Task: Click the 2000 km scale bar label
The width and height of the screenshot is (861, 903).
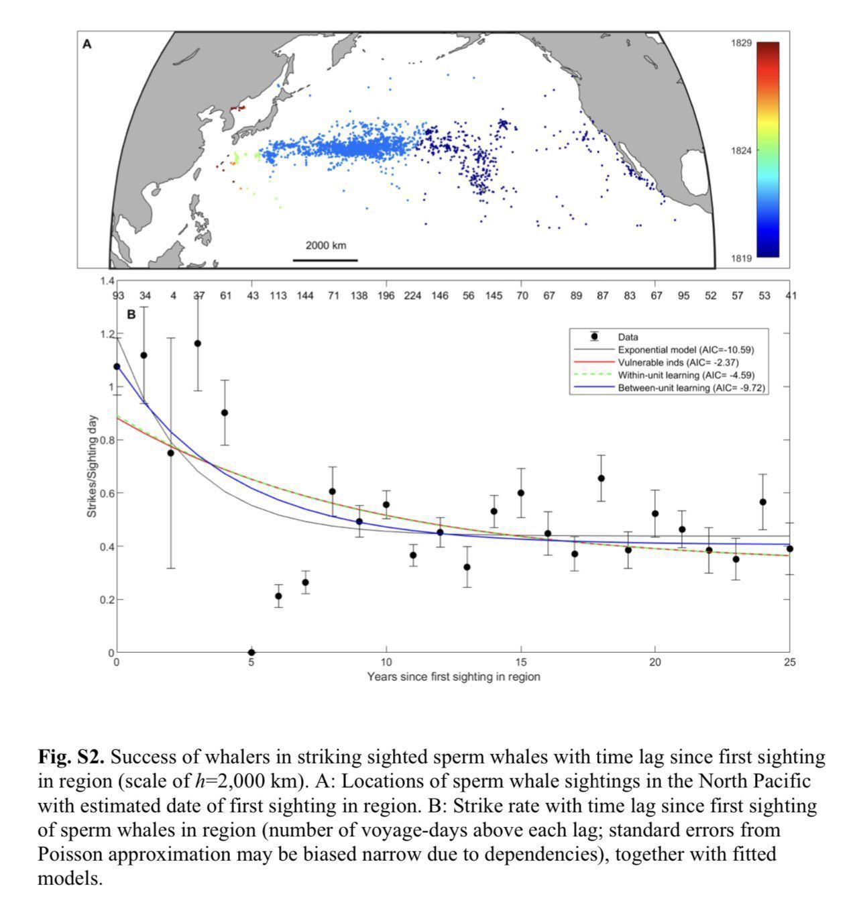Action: pos(326,246)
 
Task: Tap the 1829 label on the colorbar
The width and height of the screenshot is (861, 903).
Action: pos(741,43)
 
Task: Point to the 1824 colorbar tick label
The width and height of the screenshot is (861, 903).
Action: pos(741,150)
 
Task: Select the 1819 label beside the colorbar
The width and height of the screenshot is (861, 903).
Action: pos(741,258)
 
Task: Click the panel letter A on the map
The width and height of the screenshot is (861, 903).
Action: pos(87,45)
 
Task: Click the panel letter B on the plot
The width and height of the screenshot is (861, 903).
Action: pos(131,313)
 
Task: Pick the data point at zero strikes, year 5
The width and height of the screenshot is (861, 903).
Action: pos(251,652)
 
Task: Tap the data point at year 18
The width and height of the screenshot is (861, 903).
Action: pos(601,478)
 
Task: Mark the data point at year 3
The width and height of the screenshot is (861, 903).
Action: pos(198,343)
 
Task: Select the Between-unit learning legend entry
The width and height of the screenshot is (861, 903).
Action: pos(689,388)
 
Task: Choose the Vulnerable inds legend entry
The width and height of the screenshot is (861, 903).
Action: pos(669,362)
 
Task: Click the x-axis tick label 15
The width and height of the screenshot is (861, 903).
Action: pos(520,663)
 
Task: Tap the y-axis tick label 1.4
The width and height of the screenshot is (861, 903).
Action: pos(107,280)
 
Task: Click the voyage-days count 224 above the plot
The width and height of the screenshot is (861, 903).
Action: pos(413,295)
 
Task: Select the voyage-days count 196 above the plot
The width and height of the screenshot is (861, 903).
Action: pos(386,295)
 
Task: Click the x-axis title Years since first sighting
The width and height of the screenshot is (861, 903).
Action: pos(453,676)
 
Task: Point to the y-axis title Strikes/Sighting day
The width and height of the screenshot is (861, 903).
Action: pos(91,466)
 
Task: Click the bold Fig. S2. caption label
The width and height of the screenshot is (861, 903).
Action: pos(71,757)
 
